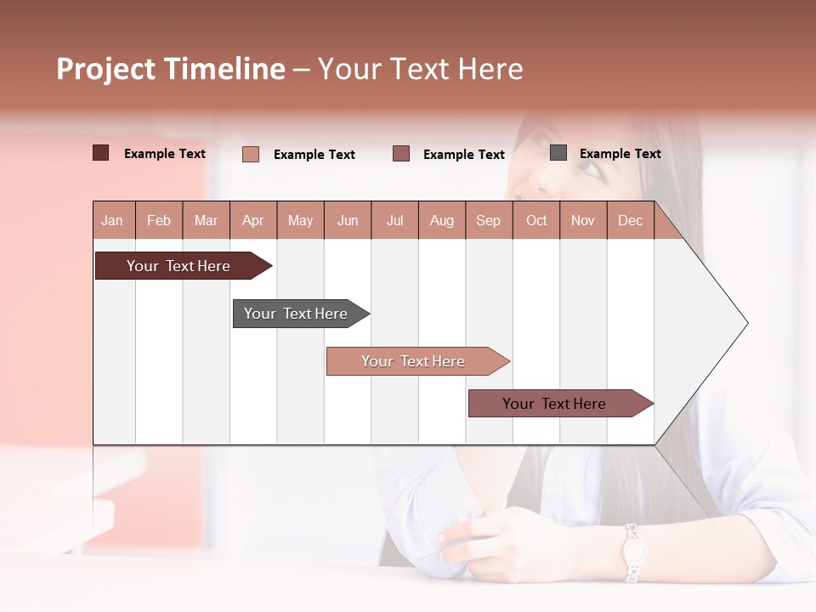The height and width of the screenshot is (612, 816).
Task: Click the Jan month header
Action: click(113, 220)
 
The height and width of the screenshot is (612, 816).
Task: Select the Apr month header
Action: click(253, 220)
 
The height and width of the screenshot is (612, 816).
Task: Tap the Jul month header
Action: click(394, 220)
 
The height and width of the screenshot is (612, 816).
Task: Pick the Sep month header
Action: click(488, 220)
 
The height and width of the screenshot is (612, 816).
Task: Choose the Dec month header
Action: click(630, 220)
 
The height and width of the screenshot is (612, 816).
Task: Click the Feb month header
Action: click(159, 220)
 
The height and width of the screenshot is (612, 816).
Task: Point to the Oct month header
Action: click(536, 220)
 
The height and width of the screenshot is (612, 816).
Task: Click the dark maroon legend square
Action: click(101, 153)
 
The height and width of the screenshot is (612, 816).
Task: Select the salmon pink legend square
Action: click(251, 154)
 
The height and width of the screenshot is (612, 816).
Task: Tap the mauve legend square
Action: click(401, 153)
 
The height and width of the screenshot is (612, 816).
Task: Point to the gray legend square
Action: click(558, 152)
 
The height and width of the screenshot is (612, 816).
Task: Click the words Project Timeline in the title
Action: click(171, 69)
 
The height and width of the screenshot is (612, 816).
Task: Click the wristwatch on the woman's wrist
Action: click(632, 552)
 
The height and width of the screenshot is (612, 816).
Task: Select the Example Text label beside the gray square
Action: click(620, 154)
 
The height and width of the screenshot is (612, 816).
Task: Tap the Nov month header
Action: click(583, 220)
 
